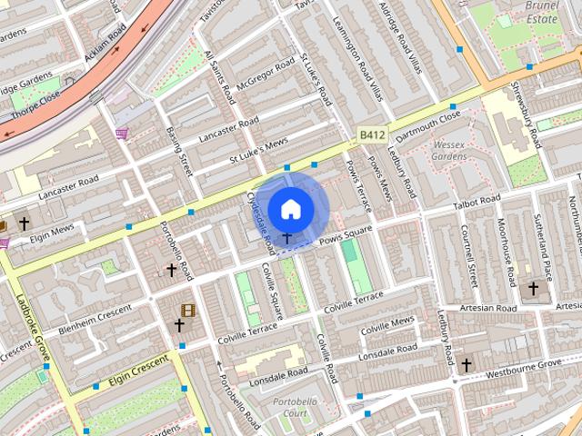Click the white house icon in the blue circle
(290, 209)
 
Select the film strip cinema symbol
(187, 311)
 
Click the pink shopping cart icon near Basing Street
(121, 134)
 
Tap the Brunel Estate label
(543, 11)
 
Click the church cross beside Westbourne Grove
(467, 365)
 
